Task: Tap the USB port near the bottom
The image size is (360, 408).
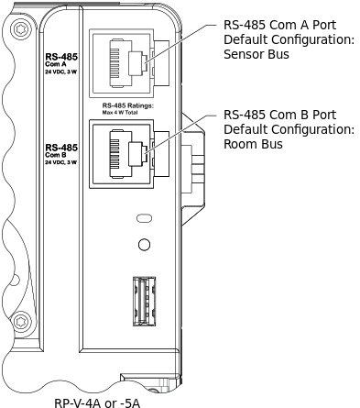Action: [x=144, y=297]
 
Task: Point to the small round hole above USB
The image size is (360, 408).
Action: [x=144, y=245]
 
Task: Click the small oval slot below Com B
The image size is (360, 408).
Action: [x=144, y=219]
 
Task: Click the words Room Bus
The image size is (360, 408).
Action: [x=254, y=145]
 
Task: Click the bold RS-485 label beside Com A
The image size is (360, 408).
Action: [x=60, y=56]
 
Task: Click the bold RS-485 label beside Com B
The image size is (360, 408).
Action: [x=60, y=147]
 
